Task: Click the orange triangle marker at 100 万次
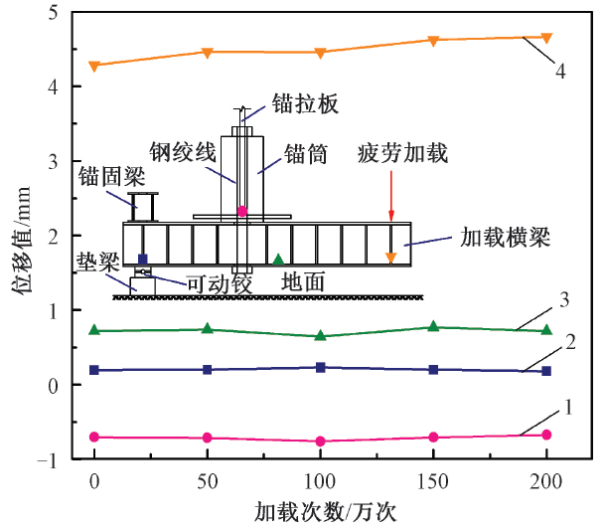(x=320, y=53)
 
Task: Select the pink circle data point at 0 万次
(x=94, y=437)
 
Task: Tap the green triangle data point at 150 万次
(x=433, y=326)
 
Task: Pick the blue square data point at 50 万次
(x=208, y=369)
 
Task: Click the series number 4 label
(x=561, y=72)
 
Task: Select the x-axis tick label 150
(x=433, y=480)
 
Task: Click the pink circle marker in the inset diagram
(x=242, y=212)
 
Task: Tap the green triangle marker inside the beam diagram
(x=279, y=260)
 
